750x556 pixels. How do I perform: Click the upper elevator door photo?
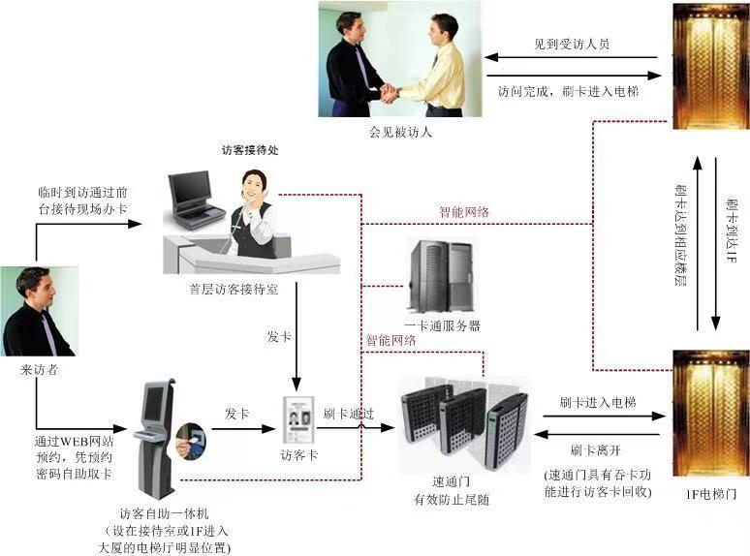coord(710,66)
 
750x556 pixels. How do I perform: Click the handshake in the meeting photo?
coord(389,93)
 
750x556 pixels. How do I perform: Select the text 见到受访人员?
coord(572,45)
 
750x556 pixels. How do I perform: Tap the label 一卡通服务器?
coord(442,325)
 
